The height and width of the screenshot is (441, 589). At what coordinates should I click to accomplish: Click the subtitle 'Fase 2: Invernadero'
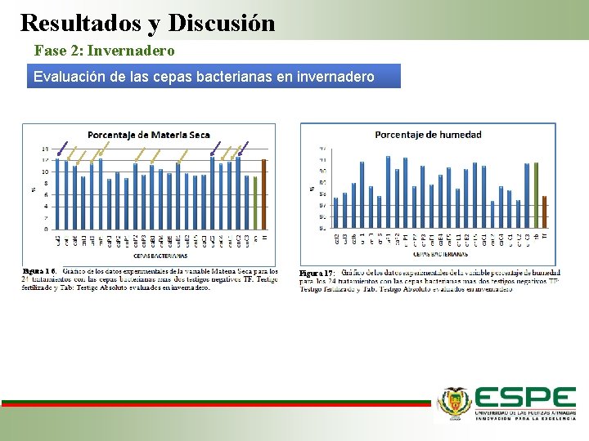click(104, 51)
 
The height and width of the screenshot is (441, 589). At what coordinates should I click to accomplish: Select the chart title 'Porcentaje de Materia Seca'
click(148, 135)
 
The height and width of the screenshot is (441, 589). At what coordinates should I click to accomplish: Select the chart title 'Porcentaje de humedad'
click(428, 134)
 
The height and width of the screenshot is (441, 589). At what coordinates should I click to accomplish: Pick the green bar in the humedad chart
click(536, 195)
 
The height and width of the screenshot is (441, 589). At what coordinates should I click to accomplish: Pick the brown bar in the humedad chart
click(544, 212)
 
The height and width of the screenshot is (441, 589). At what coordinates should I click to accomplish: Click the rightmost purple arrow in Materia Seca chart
click(242, 149)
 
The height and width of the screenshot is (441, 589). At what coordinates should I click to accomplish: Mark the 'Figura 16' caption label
click(39, 270)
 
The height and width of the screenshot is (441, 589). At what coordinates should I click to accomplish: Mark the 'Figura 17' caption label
click(317, 273)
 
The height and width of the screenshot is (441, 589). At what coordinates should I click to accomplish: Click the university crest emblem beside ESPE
click(455, 402)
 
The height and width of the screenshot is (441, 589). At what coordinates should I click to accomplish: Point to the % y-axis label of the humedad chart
click(312, 189)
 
